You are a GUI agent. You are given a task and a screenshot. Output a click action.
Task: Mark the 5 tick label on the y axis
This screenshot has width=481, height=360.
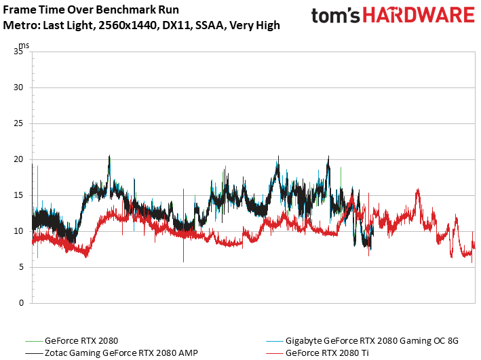[x=22, y=267]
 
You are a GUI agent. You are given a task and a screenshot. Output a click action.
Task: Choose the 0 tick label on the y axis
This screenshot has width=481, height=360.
[x=22, y=303]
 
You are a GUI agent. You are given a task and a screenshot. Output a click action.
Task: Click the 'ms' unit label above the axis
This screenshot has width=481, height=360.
[x=24, y=45]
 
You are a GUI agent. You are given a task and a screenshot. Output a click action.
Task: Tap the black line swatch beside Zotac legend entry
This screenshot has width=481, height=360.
[x=34, y=353]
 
